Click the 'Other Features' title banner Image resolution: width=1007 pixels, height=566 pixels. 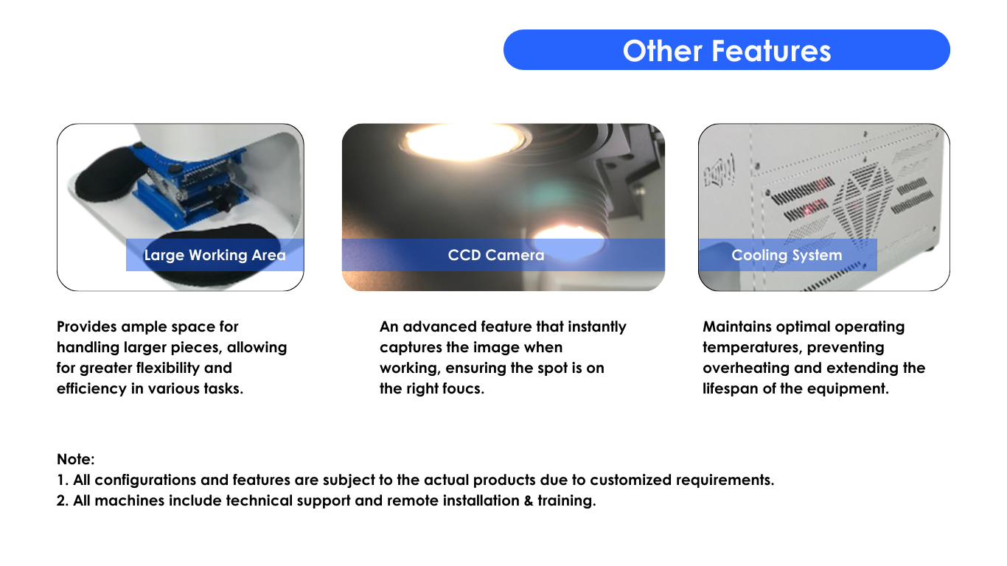[726, 50]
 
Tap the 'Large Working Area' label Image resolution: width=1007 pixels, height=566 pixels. [215, 255]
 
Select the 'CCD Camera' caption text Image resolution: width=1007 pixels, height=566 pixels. [496, 255]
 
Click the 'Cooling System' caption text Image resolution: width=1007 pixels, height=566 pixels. [787, 255]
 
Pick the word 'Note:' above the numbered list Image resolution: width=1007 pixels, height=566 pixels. [75, 459]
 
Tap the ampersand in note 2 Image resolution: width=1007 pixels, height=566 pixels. [529, 500]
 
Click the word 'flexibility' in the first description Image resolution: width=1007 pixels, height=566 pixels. [167, 368]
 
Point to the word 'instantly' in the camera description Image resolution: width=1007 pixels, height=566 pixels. [597, 326]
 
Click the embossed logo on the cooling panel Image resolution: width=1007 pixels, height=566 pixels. [719, 170]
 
